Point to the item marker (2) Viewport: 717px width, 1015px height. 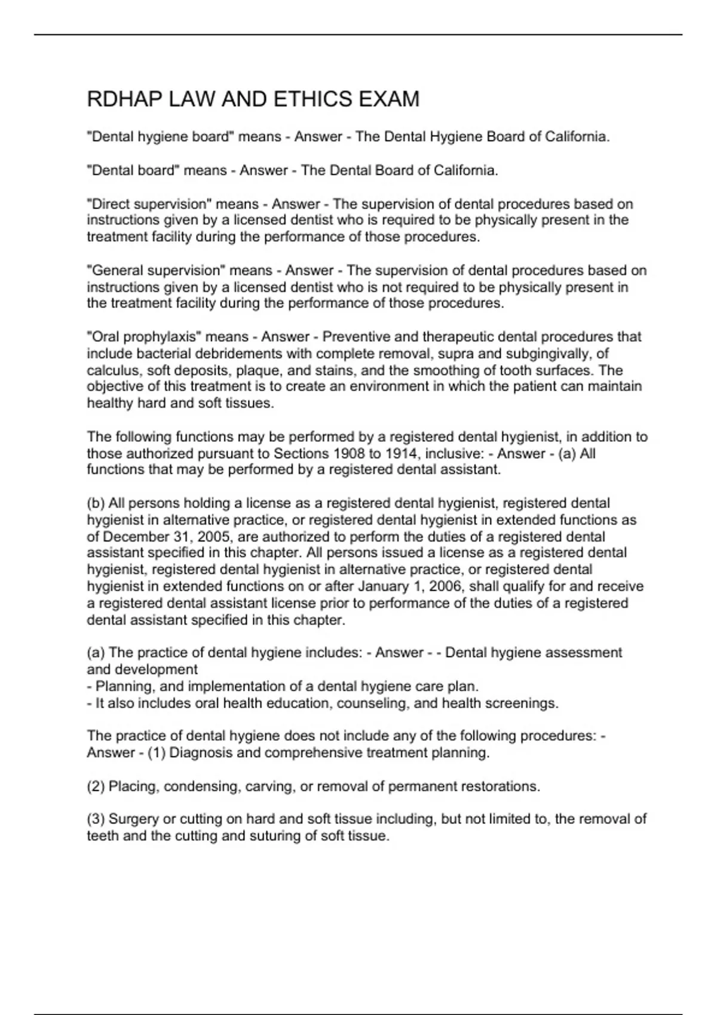tap(96, 786)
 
